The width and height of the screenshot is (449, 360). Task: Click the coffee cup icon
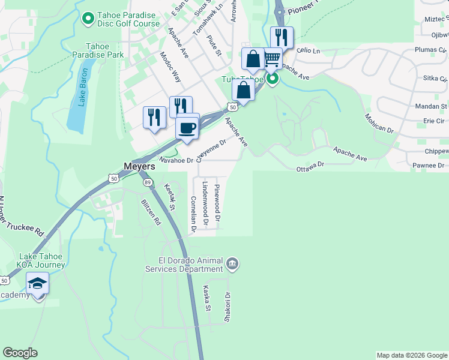(x=187, y=127)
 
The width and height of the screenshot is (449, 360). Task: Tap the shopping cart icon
(x=273, y=59)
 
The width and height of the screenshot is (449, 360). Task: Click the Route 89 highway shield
(x=147, y=182)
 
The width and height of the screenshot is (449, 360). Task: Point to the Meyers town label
(x=140, y=166)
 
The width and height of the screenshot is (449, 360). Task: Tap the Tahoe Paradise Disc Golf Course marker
(x=88, y=20)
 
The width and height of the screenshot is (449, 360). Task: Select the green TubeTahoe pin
(x=273, y=79)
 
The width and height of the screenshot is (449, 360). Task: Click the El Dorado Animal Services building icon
(x=232, y=263)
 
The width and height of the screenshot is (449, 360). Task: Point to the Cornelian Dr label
(x=193, y=214)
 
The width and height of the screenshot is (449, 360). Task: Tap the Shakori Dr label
(x=228, y=307)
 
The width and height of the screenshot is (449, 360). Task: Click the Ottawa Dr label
(x=310, y=166)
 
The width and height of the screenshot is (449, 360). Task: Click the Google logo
(x=20, y=353)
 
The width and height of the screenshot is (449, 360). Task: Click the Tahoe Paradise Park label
(x=104, y=50)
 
